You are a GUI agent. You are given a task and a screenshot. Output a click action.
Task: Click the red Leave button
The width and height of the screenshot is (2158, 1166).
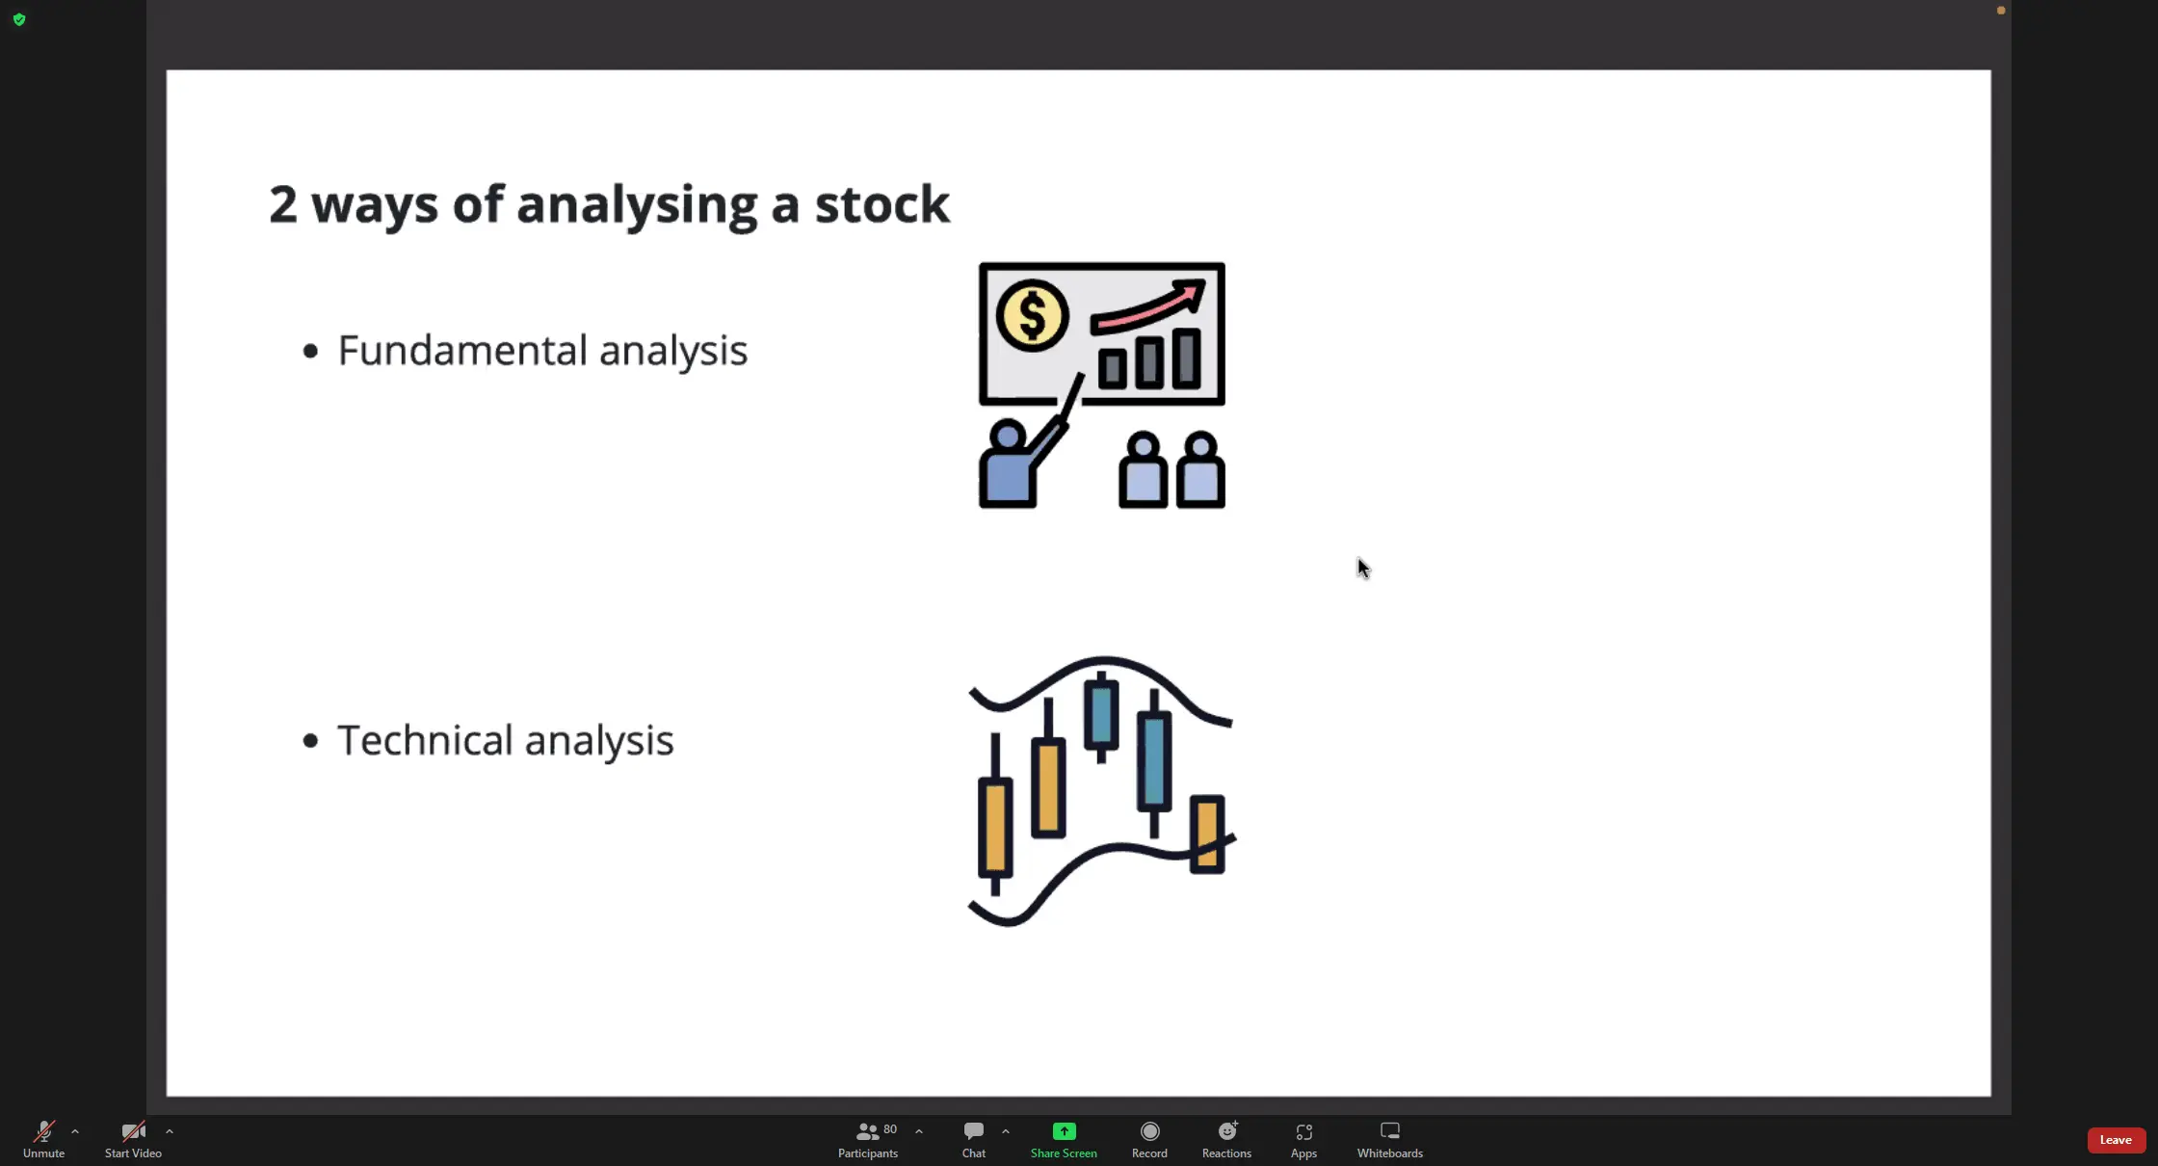tap(2116, 1140)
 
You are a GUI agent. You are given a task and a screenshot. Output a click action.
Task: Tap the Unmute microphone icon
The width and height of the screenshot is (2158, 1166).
tap(44, 1131)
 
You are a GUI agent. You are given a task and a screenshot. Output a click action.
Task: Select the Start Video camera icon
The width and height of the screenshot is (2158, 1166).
tap(133, 1131)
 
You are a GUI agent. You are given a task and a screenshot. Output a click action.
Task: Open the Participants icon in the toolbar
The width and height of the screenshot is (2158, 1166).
tap(868, 1131)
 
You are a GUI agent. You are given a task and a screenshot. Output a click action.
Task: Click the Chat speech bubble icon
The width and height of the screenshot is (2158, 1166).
tap(974, 1130)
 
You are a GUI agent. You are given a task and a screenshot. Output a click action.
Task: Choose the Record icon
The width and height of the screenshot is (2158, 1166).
tap(1149, 1131)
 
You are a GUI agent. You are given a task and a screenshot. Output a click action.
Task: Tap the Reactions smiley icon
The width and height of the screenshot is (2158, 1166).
tap(1227, 1130)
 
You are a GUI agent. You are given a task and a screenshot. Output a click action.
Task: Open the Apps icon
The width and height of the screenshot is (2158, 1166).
tap(1303, 1131)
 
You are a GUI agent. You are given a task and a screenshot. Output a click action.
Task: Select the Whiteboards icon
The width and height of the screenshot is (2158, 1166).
tap(1390, 1130)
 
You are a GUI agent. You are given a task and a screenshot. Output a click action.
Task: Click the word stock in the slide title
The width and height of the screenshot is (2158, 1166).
tap(882, 204)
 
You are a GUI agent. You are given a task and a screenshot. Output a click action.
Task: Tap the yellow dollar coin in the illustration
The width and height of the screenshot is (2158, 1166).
tap(1032, 315)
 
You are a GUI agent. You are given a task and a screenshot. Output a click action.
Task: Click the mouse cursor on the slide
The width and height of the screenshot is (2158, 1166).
tap(1363, 569)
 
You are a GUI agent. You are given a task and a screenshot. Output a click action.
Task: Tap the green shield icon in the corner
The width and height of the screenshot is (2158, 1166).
tap(19, 19)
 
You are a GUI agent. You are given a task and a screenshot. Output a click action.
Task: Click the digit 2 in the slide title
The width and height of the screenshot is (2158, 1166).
tap(282, 204)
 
